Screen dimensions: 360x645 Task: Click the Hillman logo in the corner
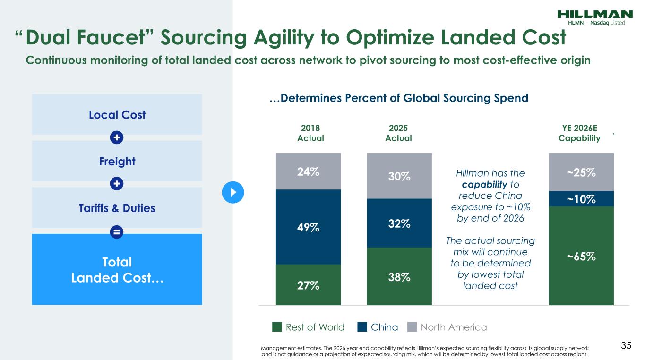pos(595,17)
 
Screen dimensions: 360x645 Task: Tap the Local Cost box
pos(117,114)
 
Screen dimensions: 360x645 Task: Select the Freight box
pos(117,161)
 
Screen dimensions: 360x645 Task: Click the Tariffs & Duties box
pos(117,208)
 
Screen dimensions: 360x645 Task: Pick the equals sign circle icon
pos(117,232)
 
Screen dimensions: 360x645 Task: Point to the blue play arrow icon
pos(232,192)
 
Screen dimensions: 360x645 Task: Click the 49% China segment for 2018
pos(308,227)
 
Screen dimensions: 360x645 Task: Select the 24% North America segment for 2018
pos(308,171)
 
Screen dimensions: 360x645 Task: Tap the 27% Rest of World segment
pos(308,285)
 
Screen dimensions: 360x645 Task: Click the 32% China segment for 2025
pos(399,223)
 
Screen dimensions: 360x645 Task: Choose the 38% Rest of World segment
pos(399,276)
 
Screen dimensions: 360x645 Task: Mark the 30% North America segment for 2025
pos(399,176)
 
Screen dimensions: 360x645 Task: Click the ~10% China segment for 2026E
pos(581,199)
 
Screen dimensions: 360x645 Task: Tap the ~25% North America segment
pos(581,172)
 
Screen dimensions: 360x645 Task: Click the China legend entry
pos(378,327)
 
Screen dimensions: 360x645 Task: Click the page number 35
pos(626,345)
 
